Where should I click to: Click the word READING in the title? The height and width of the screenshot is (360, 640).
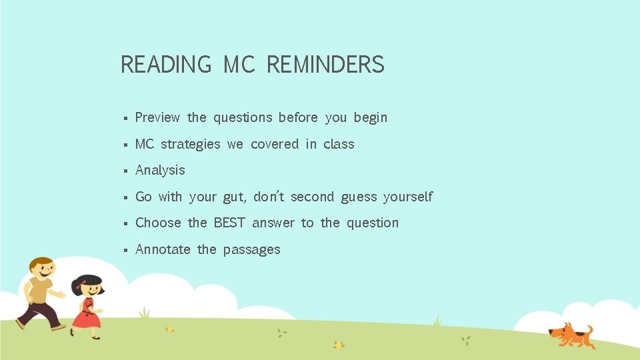point(165,65)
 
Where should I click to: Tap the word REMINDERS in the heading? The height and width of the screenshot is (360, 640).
point(325,65)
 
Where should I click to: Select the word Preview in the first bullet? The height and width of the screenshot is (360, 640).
point(157,117)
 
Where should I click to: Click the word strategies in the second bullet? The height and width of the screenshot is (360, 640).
point(190,145)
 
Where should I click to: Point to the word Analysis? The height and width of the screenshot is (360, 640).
point(160,171)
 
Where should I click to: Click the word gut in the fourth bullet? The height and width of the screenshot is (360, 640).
point(233,197)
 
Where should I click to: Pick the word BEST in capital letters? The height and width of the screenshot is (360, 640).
point(229,223)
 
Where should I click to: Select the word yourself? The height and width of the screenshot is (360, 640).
point(407,197)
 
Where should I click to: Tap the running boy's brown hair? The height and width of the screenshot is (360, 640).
point(41,263)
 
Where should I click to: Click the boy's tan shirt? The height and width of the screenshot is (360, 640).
point(40,291)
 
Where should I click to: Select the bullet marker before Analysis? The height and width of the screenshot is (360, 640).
point(125,171)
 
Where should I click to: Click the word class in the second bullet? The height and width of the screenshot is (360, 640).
point(339,144)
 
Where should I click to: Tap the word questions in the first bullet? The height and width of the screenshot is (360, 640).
point(243,118)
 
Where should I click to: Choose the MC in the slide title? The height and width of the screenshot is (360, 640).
point(239,65)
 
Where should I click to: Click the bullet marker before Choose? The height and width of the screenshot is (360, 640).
point(125,224)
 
